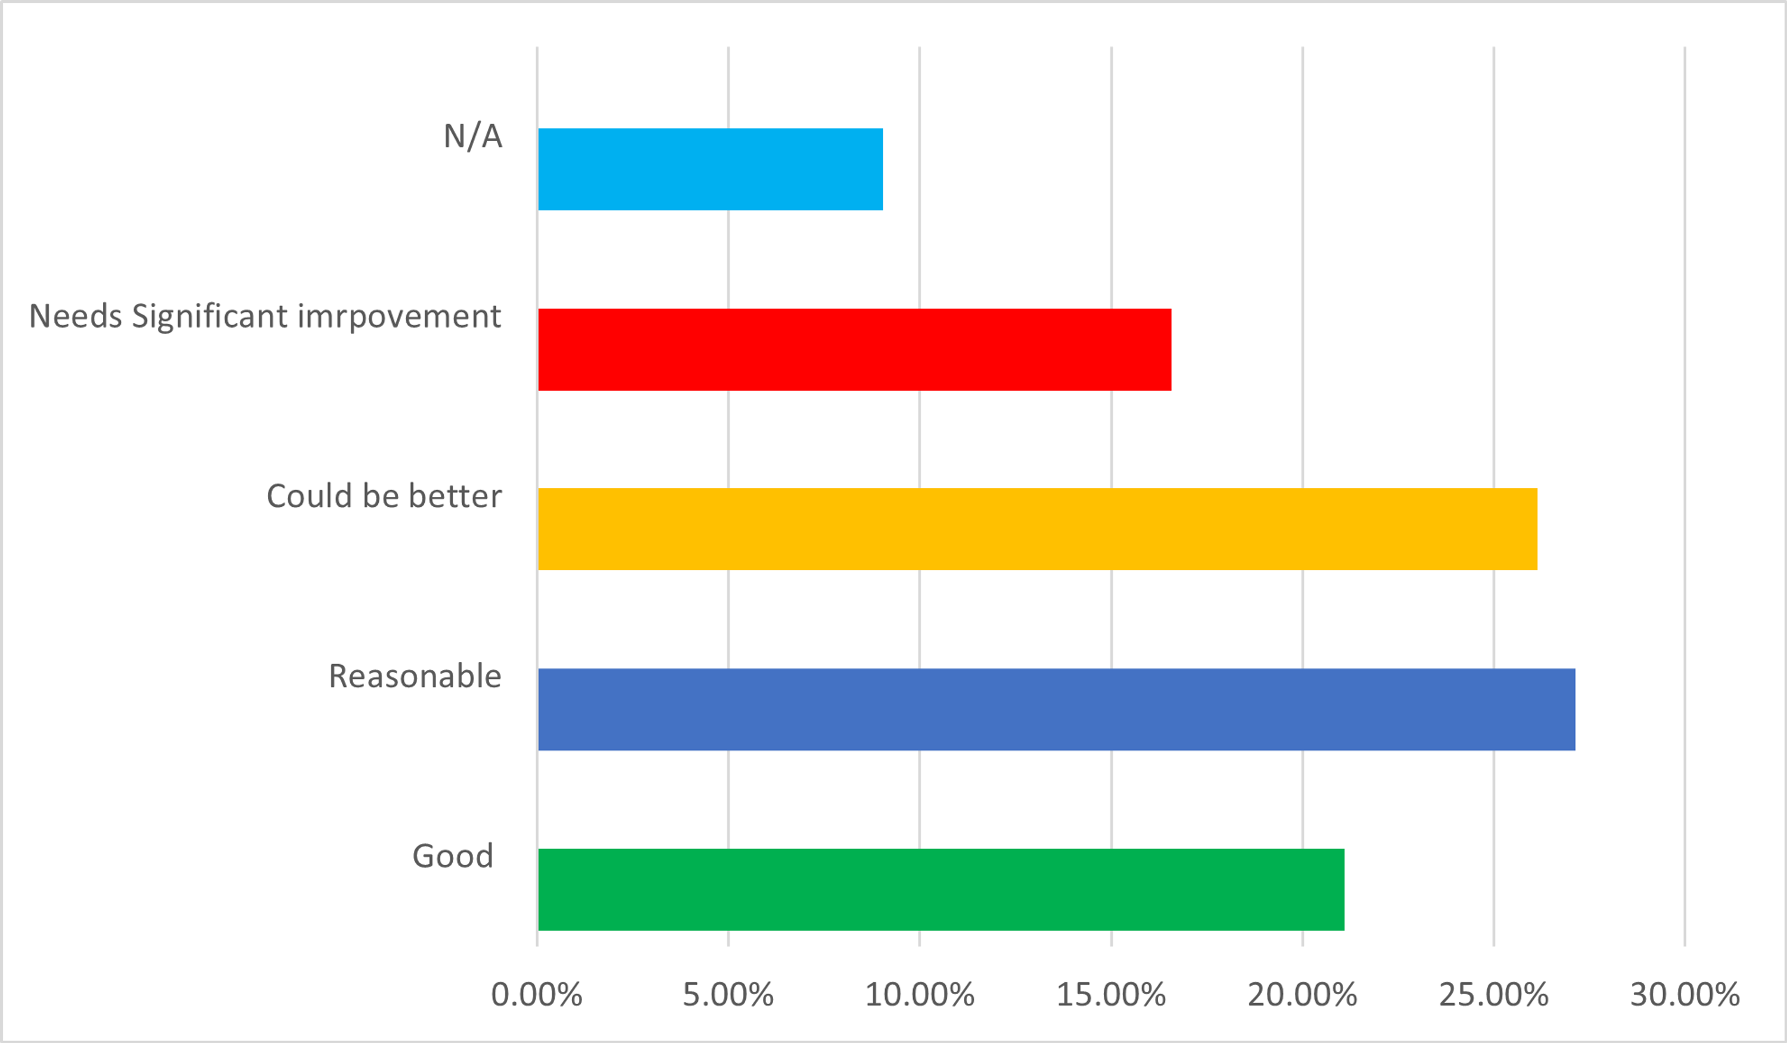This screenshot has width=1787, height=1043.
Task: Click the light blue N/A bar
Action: coord(710,169)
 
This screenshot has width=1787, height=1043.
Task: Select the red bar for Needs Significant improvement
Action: coord(855,349)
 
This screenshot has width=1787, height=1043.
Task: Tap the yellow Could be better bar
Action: coord(1038,529)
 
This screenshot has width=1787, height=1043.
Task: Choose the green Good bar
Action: coord(941,889)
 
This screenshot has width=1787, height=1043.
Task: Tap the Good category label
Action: coord(453,856)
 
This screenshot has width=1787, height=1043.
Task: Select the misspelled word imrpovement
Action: coord(399,316)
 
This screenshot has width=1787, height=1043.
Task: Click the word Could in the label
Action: coord(309,496)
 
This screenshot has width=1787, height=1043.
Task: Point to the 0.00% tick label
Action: coord(537,995)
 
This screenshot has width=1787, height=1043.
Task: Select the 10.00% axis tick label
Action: coord(920,995)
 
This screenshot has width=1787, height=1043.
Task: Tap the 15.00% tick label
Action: coord(1111,995)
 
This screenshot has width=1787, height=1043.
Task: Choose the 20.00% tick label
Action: coord(1303,995)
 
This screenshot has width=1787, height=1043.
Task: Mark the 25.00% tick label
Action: coord(1493,995)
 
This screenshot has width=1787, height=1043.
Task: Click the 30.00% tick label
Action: coord(1685,995)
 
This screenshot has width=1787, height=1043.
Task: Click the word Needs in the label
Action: coord(75,316)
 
